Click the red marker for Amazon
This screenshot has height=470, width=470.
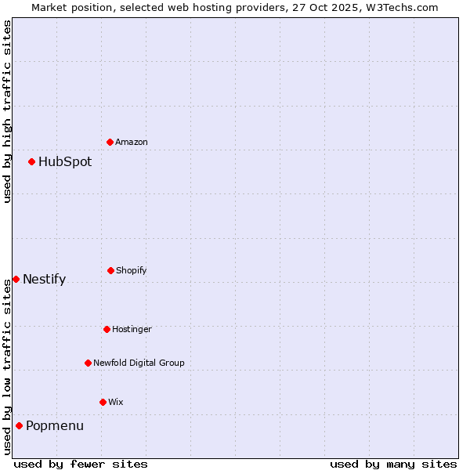pyautogui.click(x=110, y=142)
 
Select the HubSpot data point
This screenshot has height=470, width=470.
pyautogui.click(x=31, y=161)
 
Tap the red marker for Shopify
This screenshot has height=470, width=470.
pyautogui.click(x=110, y=270)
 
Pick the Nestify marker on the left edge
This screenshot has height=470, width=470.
pyautogui.click(x=16, y=279)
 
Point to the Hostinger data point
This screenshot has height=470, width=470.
pyautogui.click(x=107, y=329)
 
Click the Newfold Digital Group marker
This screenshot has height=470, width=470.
pyautogui.click(x=88, y=363)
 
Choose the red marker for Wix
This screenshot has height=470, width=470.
pyautogui.click(x=103, y=402)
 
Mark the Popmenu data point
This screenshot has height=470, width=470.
pyautogui.click(x=19, y=425)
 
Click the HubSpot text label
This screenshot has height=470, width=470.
pyautogui.click(x=65, y=162)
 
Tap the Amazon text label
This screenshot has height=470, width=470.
pyautogui.click(x=132, y=143)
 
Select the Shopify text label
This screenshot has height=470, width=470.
pyautogui.click(x=132, y=271)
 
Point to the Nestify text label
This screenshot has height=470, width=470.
pyautogui.click(x=45, y=280)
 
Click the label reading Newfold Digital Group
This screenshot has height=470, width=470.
pyautogui.click(x=139, y=363)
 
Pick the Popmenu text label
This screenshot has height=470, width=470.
pyautogui.click(x=55, y=426)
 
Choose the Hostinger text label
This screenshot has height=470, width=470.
pyautogui.click(x=132, y=330)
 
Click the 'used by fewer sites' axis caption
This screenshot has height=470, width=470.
pyautogui.click(x=81, y=464)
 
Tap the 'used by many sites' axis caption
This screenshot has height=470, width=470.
pyautogui.click(x=393, y=464)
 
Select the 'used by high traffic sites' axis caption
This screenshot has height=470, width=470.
pyautogui.click(x=7, y=111)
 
